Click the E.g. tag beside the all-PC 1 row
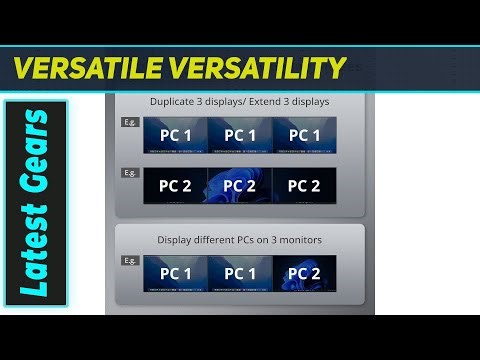coord(129,122)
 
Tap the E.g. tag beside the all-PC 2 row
coord(129,172)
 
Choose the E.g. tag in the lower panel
coord(129,260)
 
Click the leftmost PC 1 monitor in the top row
coord(175,135)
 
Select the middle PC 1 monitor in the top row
coord(240,135)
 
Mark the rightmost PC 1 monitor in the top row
coord(304,135)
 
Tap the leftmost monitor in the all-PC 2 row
coord(175,186)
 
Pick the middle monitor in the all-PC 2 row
coord(240,186)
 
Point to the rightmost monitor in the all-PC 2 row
coord(304,186)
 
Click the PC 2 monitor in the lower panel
coord(304,273)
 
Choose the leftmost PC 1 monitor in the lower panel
coord(175,273)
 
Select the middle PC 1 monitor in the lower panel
coord(240,273)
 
